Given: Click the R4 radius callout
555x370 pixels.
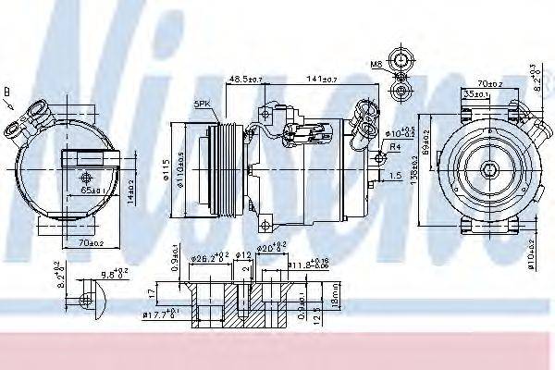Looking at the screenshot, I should point(394,147).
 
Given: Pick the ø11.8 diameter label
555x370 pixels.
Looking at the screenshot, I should point(303,265).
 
